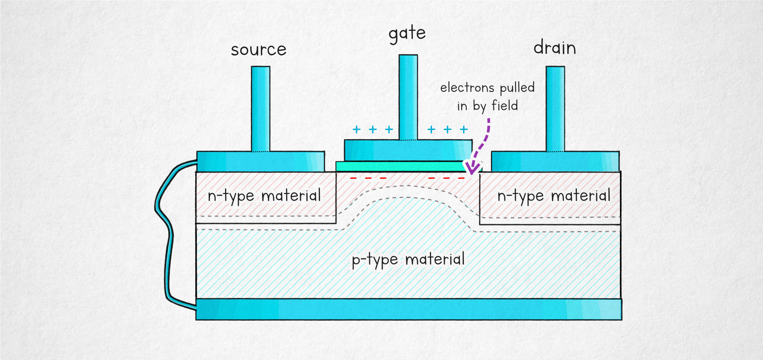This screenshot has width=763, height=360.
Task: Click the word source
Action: (258, 50)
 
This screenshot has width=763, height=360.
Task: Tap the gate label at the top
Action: (407, 34)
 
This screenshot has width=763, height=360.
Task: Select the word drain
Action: (554, 48)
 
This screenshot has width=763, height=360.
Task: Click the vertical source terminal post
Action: (261, 109)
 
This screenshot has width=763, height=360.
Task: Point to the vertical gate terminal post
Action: (408, 97)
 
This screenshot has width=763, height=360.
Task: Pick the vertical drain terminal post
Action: (555, 109)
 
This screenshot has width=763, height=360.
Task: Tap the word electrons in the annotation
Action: (467, 88)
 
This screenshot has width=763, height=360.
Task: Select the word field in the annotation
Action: (505, 106)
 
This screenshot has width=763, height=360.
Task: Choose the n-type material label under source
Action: (264, 196)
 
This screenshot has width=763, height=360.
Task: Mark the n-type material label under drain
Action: (554, 196)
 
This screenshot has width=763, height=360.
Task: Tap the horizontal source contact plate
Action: (261, 161)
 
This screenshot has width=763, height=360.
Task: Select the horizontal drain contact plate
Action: (555, 161)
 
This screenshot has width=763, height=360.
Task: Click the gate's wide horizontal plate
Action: (408, 150)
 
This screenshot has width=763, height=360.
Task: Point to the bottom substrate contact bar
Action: (408, 309)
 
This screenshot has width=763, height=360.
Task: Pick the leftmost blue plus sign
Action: (356, 130)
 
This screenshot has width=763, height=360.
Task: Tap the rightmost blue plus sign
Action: (464, 130)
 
